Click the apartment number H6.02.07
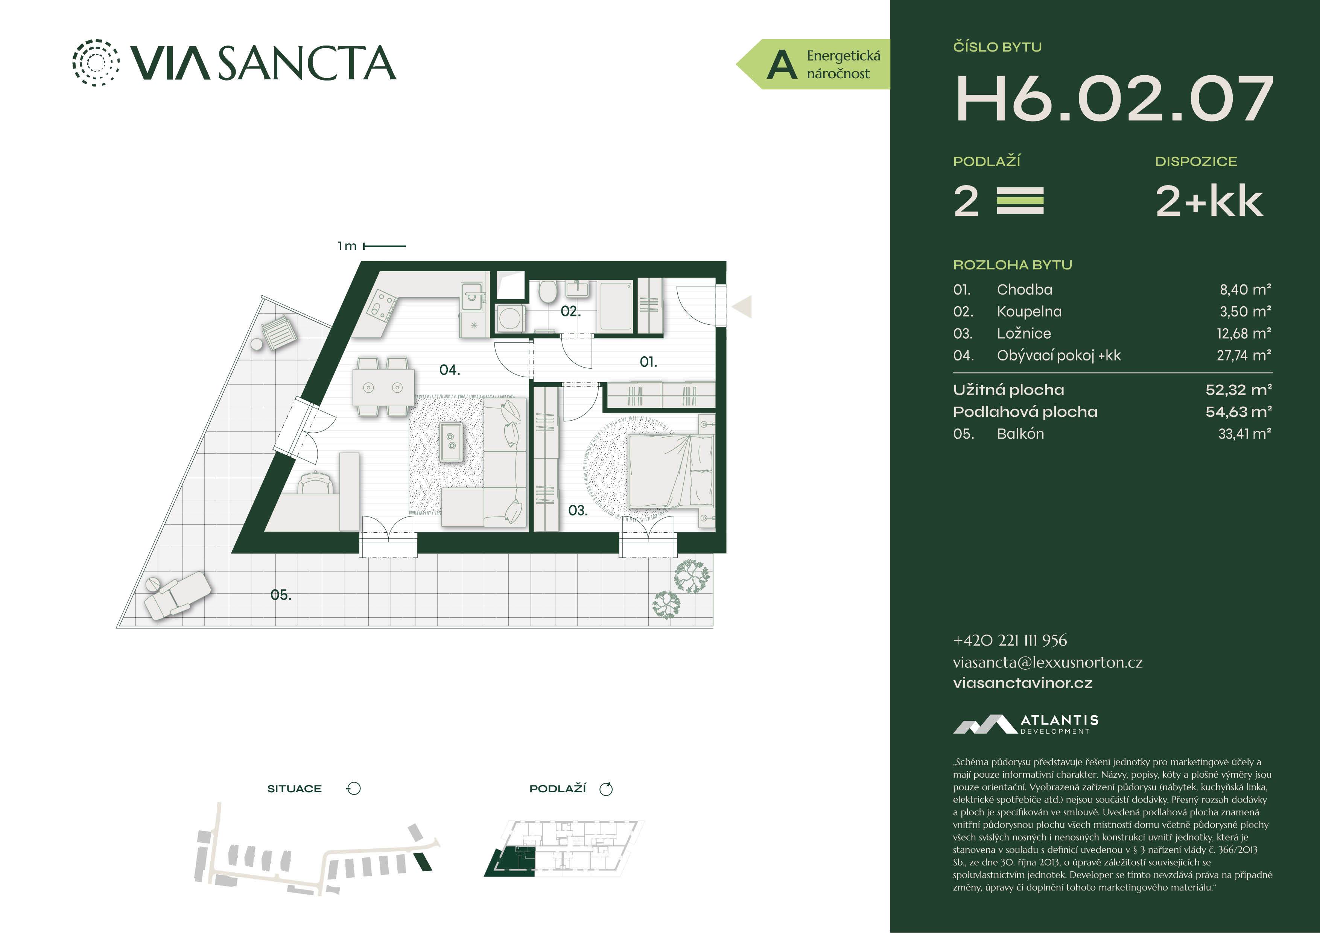coord(1114,99)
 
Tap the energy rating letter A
coord(782,64)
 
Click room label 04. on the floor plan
coord(450,370)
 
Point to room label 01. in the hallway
coord(648,362)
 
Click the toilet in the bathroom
coord(547,292)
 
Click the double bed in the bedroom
coord(671,471)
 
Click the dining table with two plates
coord(383,387)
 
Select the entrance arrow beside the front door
coord(742,306)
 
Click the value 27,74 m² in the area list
coord(1244,355)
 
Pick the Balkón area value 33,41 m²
coord(1245,433)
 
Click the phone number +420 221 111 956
coord(1010,640)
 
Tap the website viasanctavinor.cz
coord(1022,683)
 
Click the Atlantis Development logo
coord(1026,724)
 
